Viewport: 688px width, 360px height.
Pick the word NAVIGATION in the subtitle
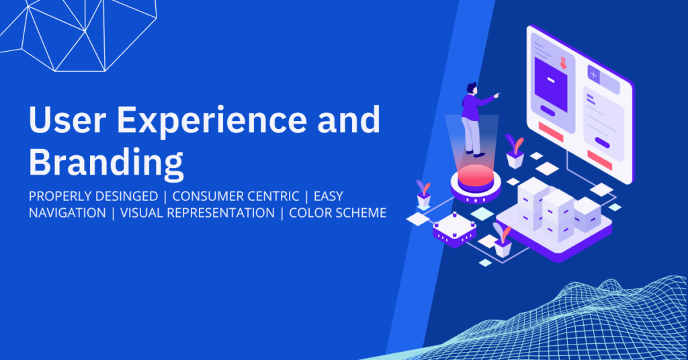point(67,213)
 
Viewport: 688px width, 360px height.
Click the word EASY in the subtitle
point(328,196)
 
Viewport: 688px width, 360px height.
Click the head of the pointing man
point(471,88)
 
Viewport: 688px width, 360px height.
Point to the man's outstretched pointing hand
point(497,94)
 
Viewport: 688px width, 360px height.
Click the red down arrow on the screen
point(564,62)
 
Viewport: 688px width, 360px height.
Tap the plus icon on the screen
point(594,75)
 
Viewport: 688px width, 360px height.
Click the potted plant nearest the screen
point(515,151)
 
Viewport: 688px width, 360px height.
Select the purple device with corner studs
point(455,229)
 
